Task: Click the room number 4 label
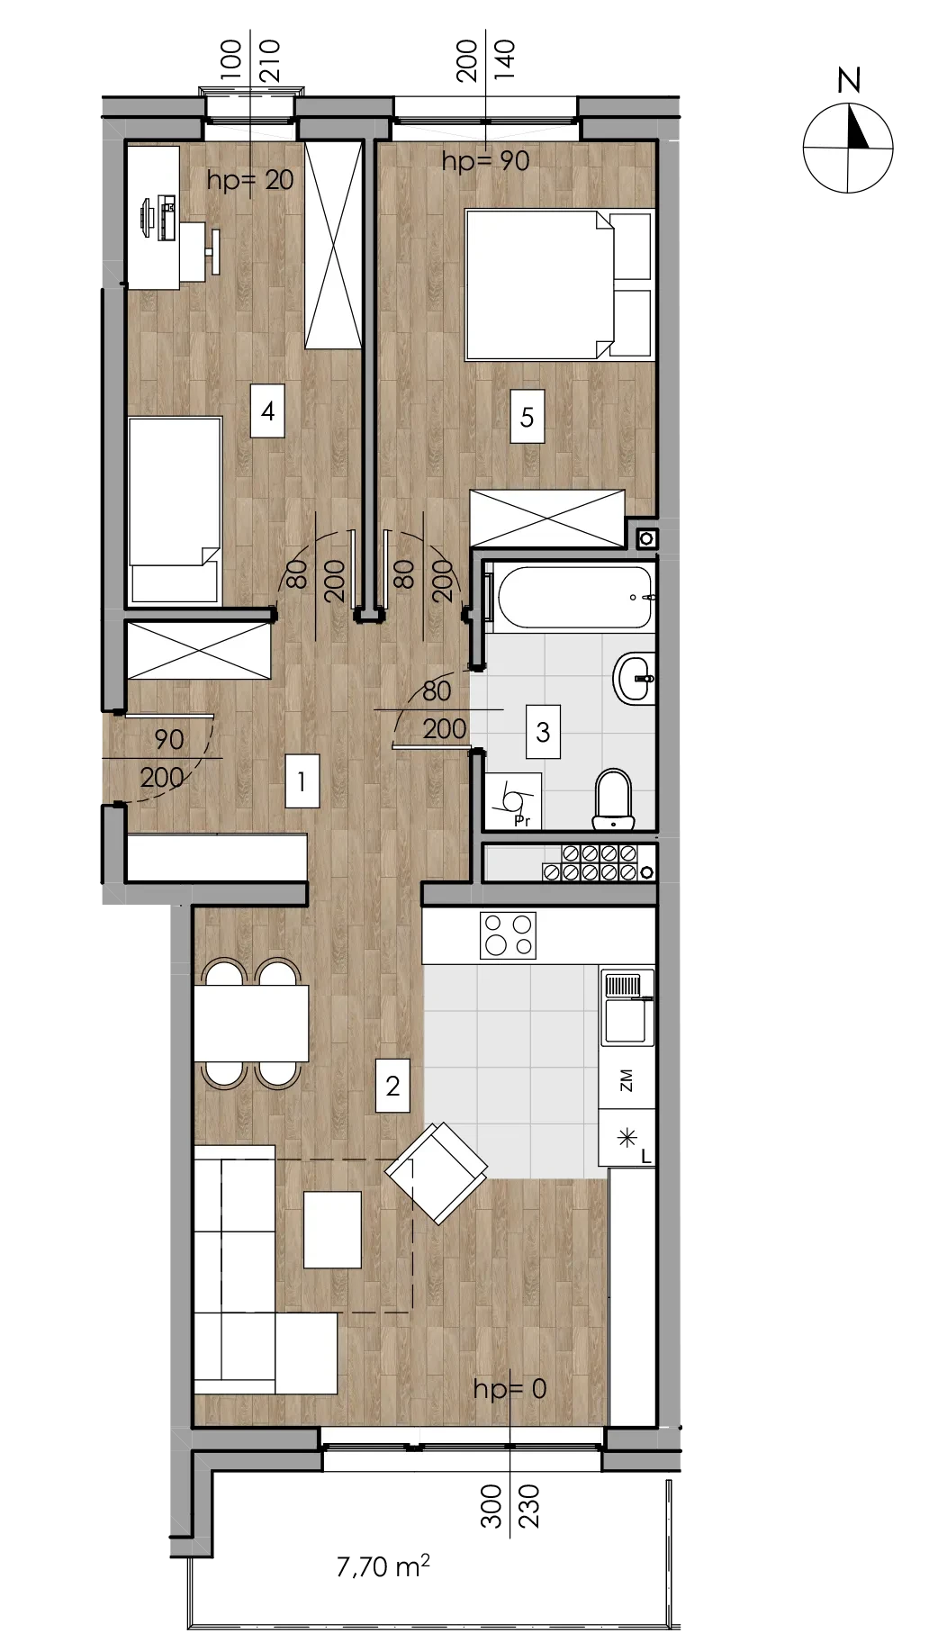point(267,411)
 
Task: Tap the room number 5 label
point(527,417)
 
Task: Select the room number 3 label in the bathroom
point(543,732)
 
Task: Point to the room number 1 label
point(302,781)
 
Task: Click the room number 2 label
point(392,1086)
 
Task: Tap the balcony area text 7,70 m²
point(383,1565)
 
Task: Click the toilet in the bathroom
point(614,798)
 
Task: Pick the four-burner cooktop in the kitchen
point(509,935)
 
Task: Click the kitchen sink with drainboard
point(627,1007)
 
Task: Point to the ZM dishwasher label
point(627,1081)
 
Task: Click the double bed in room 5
point(558,284)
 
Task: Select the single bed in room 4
point(175,510)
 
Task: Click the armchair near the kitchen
point(437,1173)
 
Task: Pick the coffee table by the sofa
point(332,1230)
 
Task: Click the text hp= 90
point(485,161)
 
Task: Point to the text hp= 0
point(510,1389)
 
